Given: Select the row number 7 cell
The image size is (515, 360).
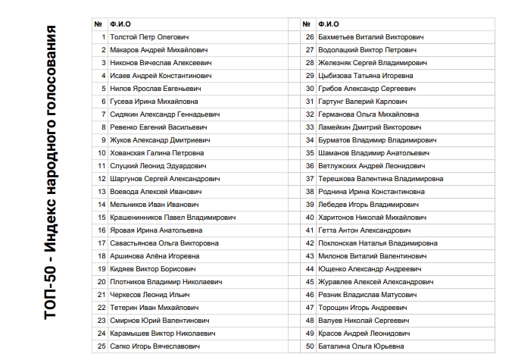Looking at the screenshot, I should tap(102, 114).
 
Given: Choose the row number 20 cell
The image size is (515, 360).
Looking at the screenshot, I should tap(101, 282).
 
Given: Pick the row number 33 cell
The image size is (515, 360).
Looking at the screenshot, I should tap(309, 127).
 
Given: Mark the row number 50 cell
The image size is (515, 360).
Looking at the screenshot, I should tap(309, 346).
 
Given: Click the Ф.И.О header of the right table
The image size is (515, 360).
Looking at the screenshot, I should tap(329, 24).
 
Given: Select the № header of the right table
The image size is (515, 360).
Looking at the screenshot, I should tap(309, 24).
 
